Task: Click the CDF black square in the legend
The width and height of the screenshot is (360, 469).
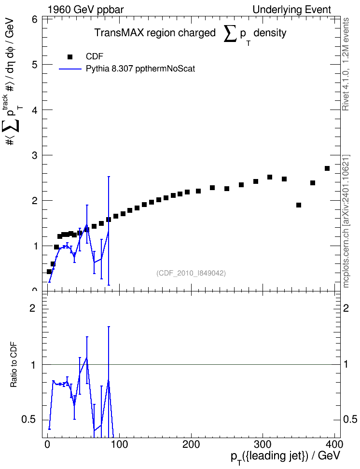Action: click(x=70, y=57)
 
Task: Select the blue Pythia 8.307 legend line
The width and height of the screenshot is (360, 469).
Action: click(x=70, y=69)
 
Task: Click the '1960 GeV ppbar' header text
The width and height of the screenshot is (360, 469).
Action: click(x=85, y=10)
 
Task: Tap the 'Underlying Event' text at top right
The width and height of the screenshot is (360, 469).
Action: click(x=292, y=10)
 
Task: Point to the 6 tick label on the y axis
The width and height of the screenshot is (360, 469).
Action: click(x=34, y=19)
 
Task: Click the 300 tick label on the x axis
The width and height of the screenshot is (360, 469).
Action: click(x=263, y=444)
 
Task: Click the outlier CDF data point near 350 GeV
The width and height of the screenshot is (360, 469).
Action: click(x=298, y=205)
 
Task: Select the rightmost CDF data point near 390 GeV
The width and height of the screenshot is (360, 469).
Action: click(x=327, y=168)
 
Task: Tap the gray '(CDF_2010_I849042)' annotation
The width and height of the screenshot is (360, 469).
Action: click(x=191, y=273)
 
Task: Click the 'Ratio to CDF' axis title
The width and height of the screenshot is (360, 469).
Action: click(x=14, y=365)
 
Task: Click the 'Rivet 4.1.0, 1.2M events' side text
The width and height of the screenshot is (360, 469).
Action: click(x=346, y=64)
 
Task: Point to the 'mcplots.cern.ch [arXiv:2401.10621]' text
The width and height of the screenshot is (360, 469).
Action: click(x=346, y=221)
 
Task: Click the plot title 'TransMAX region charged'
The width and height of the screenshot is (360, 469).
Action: click(x=155, y=33)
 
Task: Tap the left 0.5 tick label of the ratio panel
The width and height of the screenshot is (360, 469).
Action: click(x=28, y=419)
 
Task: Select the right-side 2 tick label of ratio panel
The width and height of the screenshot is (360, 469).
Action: click(x=346, y=308)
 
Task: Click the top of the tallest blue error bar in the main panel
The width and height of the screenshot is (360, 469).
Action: click(x=109, y=177)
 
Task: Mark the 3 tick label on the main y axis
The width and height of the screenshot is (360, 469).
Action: click(x=34, y=155)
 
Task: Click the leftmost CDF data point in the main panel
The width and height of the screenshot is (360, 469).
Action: click(x=49, y=272)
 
